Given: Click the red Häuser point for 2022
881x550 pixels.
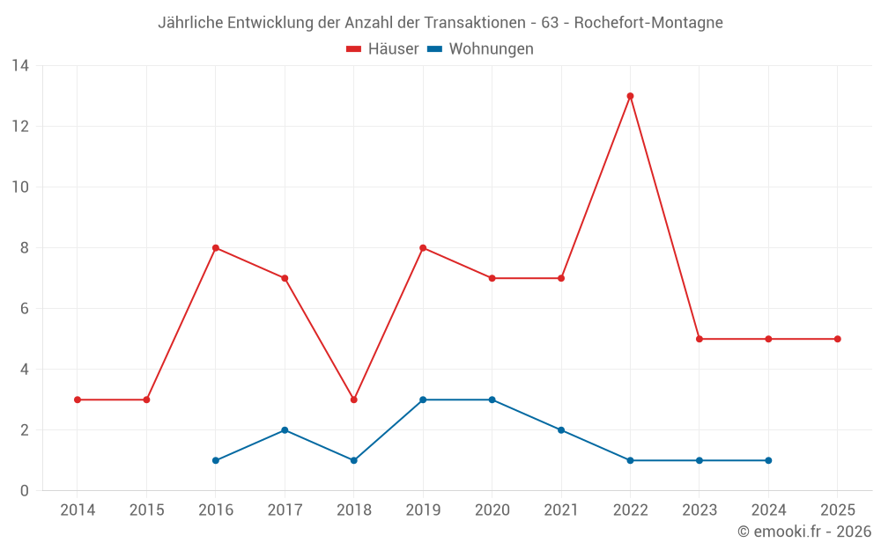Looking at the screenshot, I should click(x=630, y=96).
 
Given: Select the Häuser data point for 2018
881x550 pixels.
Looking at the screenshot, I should click(x=353, y=400).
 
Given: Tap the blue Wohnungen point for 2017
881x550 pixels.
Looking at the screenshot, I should click(x=285, y=430).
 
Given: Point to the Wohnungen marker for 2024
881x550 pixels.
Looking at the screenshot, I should click(x=768, y=460).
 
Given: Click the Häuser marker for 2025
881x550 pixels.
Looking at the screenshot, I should click(x=837, y=339).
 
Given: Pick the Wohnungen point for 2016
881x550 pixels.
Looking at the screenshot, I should click(x=216, y=460).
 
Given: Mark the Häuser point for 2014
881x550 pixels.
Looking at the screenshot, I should click(x=78, y=400).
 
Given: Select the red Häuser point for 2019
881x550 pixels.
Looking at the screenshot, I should click(x=423, y=248).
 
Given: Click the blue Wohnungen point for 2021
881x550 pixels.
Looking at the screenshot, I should click(x=561, y=430).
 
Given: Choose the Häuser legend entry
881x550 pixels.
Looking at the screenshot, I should click(x=382, y=49).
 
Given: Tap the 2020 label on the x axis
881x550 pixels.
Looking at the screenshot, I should click(x=492, y=510).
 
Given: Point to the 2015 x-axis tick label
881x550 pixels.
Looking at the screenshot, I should click(x=146, y=510).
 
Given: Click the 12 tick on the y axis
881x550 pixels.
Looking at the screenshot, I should click(x=20, y=126).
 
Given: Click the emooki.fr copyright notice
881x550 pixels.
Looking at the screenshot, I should click(x=803, y=532).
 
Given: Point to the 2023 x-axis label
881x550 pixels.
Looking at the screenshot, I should click(x=700, y=510).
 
